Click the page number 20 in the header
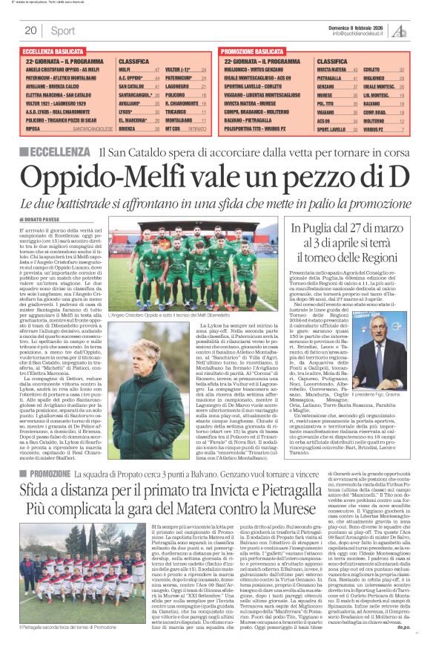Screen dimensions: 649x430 click(31, 30)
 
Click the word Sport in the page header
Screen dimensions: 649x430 click(63, 30)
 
